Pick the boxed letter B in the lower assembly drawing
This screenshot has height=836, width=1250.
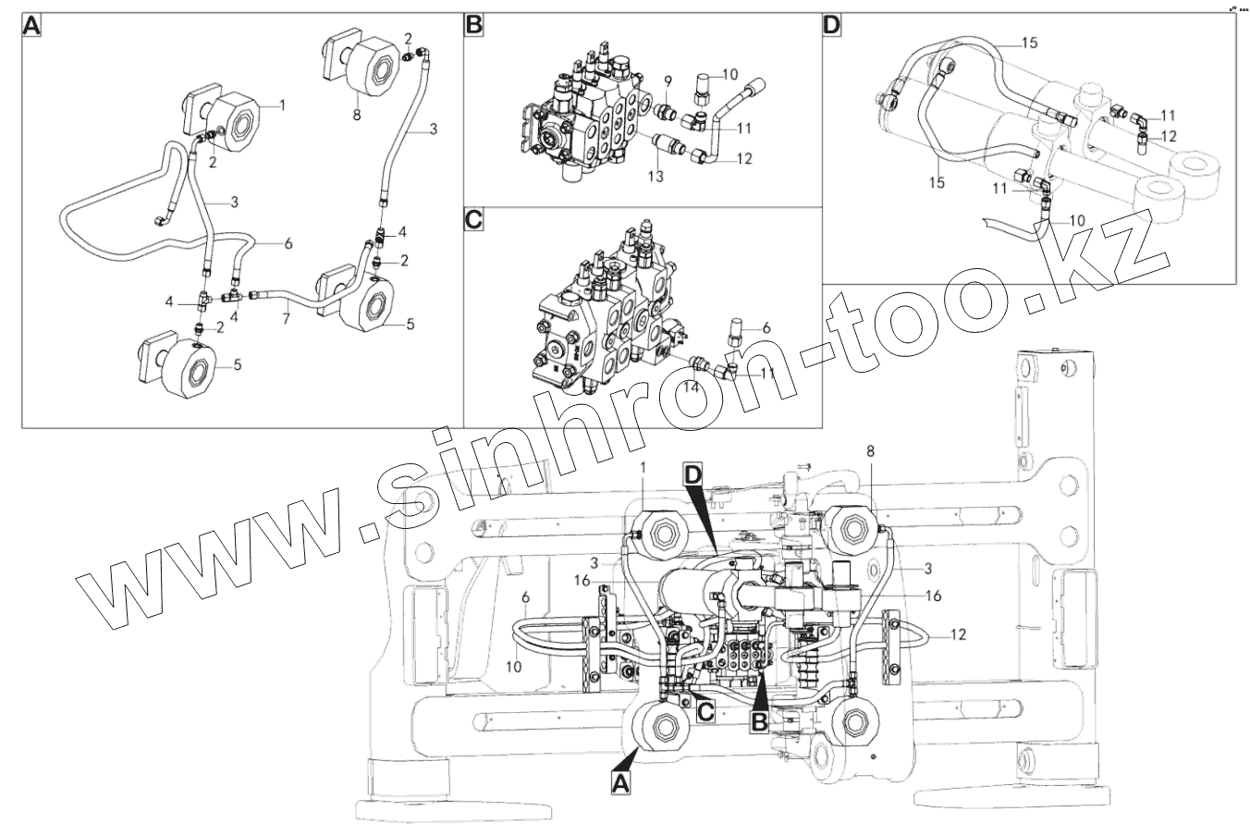pos(759,720)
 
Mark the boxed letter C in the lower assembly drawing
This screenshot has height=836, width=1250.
pos(705,711)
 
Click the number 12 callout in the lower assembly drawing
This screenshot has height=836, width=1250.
pos(958,634)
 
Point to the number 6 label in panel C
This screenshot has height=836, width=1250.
pos(766,326)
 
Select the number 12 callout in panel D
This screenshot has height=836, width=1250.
pos(1169,135)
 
